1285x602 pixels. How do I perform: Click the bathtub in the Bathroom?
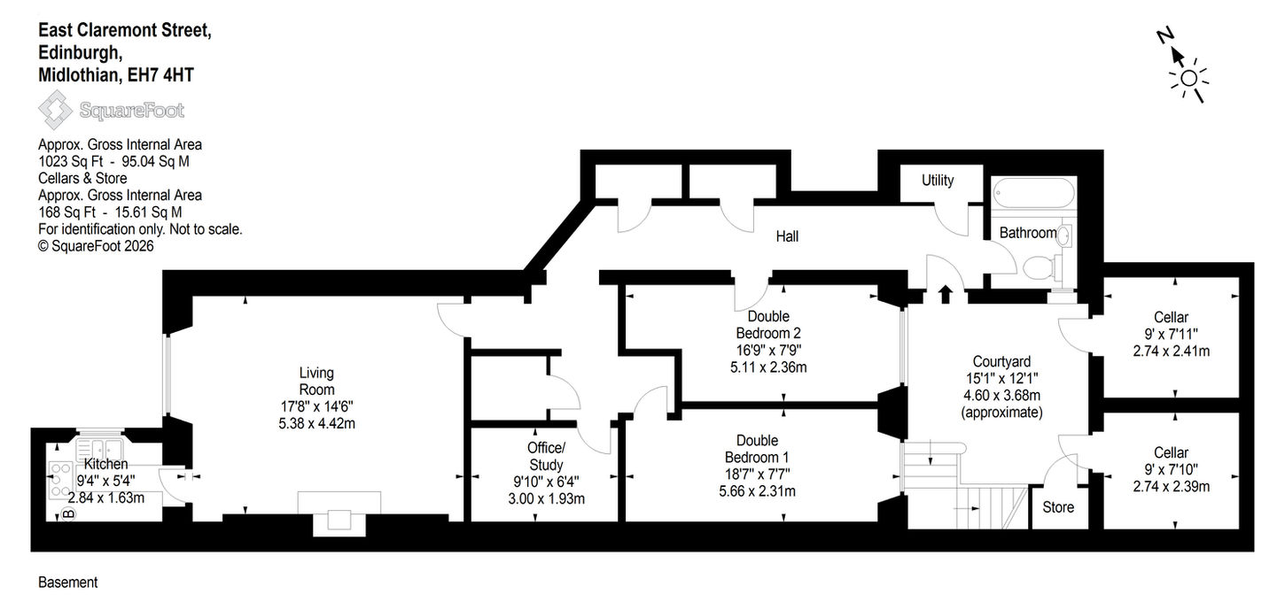(x=1033, y=193)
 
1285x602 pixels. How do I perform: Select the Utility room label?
(x=938, y=181)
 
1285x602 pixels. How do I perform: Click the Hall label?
(x=787, y=236)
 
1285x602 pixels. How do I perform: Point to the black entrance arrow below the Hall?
(x=946, y=294)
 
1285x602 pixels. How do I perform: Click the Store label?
(x=1058, y=507)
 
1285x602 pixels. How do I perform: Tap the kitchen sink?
(x=99, y=450)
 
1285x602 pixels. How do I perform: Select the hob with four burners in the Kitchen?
(x=60, y=479)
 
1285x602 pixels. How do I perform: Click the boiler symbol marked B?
(x=68, y=513)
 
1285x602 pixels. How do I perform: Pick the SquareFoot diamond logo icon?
(x=55, y=110)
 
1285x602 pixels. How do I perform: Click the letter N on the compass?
(x=1164, y=36)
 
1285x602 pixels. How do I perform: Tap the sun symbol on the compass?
(x=1189, y=79)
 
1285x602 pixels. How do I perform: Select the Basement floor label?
(x=67, y=583)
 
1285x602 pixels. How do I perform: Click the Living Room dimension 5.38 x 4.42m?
(x=316, y=424)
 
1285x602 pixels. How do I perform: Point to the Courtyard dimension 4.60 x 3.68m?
(x=1001, y=396)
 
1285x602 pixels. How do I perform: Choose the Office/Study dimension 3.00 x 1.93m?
(x=546, y=499)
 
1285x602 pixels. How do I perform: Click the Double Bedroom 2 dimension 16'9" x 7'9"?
(x=768, y=351)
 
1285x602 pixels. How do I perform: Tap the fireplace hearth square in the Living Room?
(x=339, y=520)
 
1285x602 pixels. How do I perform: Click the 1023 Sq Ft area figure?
(x=71, y=162)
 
